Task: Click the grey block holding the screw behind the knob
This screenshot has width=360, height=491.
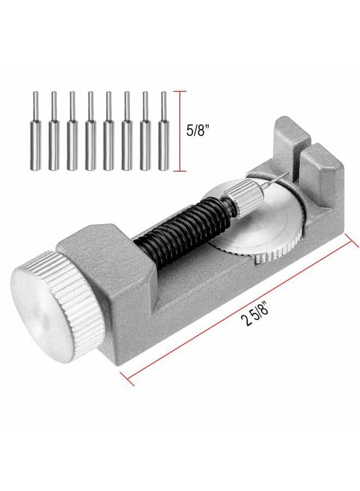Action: pos(109,256)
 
